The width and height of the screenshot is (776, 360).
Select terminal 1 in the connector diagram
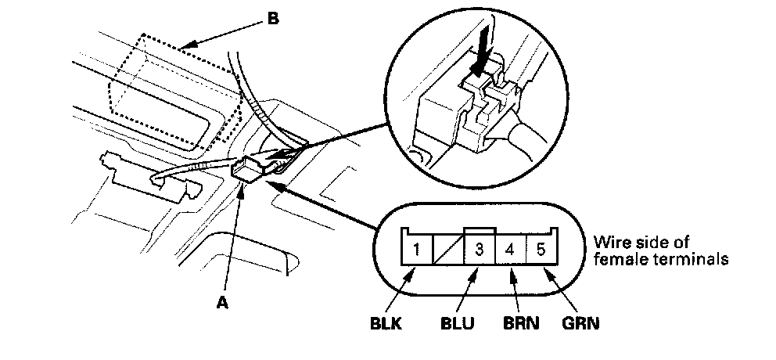pos(417,253)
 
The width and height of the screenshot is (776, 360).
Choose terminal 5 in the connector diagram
pos(540,253)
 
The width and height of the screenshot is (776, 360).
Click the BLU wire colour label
pos(458,322)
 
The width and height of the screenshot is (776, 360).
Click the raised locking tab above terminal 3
pos(479,232)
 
